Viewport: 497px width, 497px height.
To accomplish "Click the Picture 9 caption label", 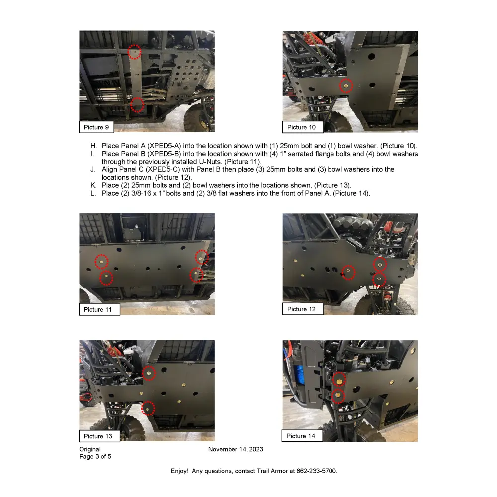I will tap(96, 127).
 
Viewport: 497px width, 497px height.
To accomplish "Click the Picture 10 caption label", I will tap(301, 127).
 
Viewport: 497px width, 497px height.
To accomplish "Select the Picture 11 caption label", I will tap(98, 309).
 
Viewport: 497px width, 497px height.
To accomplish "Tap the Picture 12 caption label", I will tap(301, 309).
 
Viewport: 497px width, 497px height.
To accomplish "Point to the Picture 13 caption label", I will tap(98, 436).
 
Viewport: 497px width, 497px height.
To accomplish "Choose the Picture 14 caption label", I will tap(301, 436).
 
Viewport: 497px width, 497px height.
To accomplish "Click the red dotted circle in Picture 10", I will tap(346, 85).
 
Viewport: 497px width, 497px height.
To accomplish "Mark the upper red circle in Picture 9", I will tap(135, 51).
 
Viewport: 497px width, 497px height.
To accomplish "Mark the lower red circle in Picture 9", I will tap(137, 104).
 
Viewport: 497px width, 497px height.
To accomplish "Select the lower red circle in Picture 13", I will tap(148, 409).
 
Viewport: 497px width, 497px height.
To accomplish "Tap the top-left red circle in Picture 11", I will tap(101, 261).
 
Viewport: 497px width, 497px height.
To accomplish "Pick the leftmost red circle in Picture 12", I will tap(349, 272).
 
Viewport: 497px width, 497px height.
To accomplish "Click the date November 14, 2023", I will tap(236, 449).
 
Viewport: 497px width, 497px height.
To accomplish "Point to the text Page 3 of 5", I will tap(95, 456).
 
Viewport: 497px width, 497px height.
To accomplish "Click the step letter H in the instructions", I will tap(93, 146).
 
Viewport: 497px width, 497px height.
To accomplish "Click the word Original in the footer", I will tap(90, 449).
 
